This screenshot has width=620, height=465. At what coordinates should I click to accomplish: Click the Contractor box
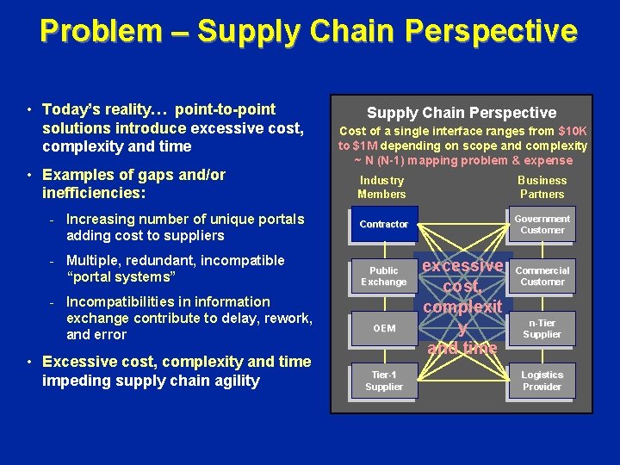384,225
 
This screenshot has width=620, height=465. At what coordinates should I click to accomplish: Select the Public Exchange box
384,276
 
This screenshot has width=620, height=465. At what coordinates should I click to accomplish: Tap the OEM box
384,328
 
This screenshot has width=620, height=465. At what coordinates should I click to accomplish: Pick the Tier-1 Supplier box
384,381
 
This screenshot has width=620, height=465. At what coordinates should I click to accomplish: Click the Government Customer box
542,225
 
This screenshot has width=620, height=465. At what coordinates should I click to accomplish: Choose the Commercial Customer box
542,276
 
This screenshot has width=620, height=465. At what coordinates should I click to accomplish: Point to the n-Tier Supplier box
542,328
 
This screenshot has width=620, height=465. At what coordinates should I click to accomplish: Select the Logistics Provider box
542,381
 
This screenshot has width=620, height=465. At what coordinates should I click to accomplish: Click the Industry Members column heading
381,187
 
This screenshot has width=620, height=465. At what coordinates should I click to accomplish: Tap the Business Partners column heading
542,187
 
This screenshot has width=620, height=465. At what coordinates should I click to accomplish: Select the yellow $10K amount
573,131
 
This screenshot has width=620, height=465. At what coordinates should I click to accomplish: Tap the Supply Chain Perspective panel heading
462,113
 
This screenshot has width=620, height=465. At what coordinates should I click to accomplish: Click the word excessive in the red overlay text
463,265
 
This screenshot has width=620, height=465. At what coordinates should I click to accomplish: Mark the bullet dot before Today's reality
30,110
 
